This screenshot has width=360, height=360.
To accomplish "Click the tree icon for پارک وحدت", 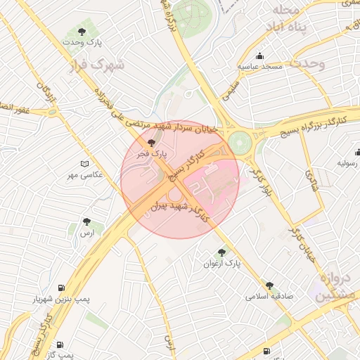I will point(82,32).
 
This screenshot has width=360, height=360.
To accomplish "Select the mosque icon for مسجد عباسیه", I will point(260,56).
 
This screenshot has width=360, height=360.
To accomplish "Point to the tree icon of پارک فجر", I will point(152,143).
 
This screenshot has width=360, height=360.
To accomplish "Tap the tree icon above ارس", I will point(86,221).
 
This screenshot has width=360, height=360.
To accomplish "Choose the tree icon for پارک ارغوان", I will point(222,252).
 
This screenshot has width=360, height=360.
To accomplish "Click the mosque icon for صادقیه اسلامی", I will point(269,285).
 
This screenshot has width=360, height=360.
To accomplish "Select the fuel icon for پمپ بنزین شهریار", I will point(61,288).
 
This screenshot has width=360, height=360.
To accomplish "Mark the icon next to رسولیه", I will point(356,152).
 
